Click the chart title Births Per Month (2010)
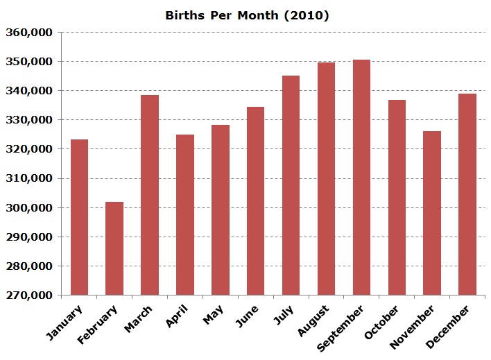click(247, 15)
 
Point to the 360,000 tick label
click(30, 33)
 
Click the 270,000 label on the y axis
click(30, 295)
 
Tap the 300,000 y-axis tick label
click(30, 207)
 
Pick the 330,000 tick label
click(30, 120)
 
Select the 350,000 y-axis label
click(30, 62)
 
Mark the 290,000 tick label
click(30, 237)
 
